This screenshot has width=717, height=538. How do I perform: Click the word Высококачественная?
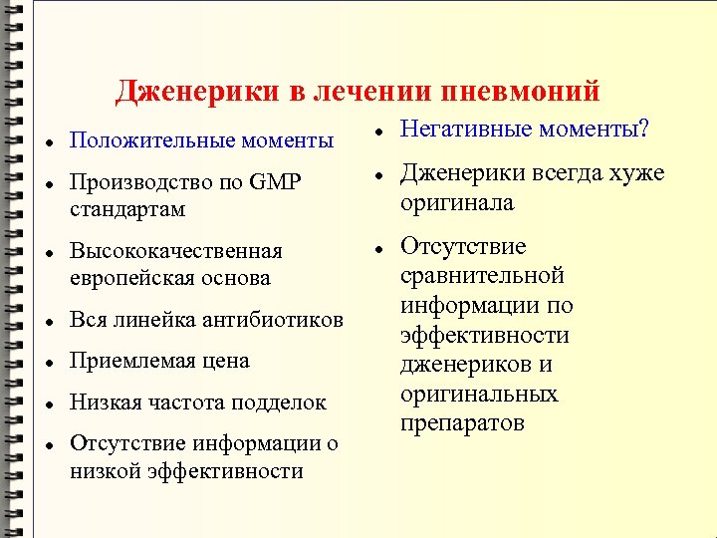point(175,250)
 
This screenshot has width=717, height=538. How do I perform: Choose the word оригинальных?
point(479,394)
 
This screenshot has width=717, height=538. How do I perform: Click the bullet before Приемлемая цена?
point(49,362)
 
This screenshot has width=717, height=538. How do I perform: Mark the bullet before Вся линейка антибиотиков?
point(49,321)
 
